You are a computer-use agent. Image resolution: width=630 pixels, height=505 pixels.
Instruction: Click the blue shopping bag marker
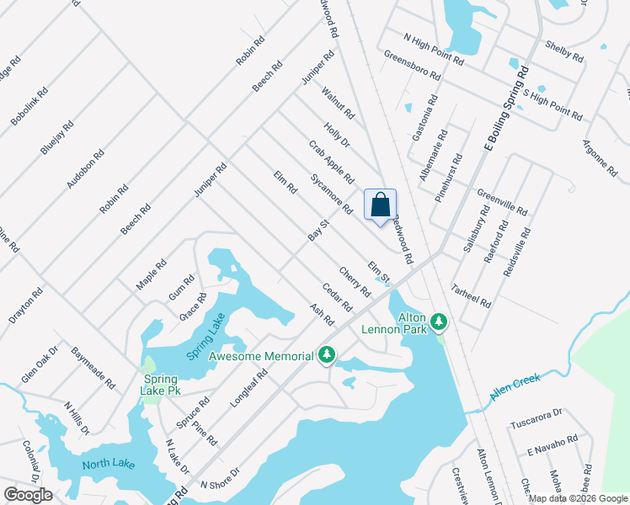click(x=380, y=205)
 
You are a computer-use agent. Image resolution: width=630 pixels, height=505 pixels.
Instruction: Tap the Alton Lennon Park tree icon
click(x=438, y=321)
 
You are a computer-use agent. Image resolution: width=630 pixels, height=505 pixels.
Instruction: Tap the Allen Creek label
click(x=515, y=386)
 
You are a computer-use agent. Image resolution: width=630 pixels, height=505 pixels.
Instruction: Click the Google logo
click(x=29, y=495)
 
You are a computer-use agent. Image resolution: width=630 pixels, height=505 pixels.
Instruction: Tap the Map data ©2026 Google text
click(x=578, y=498)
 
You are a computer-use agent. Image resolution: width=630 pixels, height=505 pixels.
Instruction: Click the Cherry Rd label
click(x=355, y=282)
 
